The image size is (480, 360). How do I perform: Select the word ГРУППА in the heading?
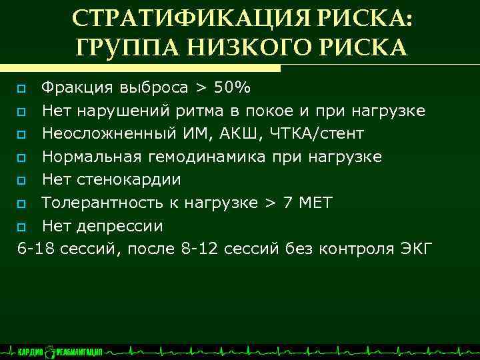pyautogui.click(x=126, y=47)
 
